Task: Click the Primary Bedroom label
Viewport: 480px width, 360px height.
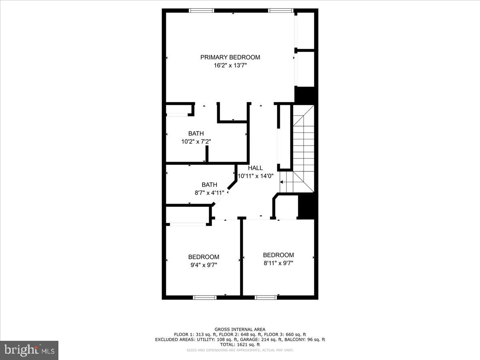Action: (230, 57)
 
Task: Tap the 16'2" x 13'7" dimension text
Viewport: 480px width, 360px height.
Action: (230, 65)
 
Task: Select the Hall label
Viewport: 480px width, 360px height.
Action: (255, 168)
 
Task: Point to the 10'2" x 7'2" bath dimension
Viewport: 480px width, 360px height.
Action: (196, 141)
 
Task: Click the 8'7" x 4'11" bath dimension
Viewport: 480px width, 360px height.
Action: (209, 192)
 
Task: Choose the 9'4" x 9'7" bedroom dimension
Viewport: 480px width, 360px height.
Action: (204, 265)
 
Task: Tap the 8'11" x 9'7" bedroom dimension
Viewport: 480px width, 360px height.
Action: (278, 263)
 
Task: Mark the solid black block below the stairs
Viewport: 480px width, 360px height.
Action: (308, 206)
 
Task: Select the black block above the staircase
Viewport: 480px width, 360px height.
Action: (305, 95)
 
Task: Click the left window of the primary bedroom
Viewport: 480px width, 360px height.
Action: (201, 11)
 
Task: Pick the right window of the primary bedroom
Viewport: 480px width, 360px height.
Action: (281, 11)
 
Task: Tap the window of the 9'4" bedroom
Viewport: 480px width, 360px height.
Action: (205, 297)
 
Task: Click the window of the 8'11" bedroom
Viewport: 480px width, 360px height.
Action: (266, 297)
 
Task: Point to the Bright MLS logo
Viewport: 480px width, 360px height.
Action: (29, 350)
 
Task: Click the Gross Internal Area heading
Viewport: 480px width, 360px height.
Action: (240, 330)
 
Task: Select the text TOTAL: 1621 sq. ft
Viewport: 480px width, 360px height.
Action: (240, 344)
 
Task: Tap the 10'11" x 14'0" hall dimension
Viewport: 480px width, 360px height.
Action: (256, 176)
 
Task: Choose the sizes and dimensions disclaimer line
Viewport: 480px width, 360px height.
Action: (240, 350)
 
